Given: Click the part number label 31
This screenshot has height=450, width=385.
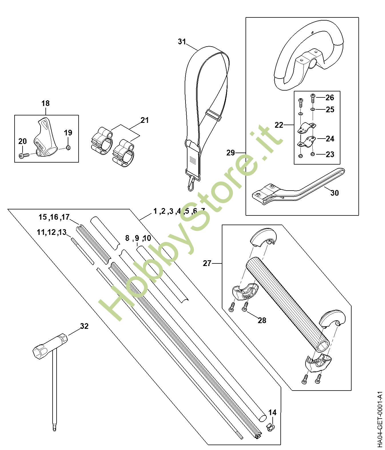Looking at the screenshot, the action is click(x=182, y=41).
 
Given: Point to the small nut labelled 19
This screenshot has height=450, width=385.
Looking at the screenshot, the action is click(x=68, y=148).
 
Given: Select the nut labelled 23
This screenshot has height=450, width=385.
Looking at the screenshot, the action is click(x=313, y=154).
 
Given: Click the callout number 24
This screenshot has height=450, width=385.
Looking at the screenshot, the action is click(x=330, y=139).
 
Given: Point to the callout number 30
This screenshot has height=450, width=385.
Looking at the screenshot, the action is click(x=334, y=193).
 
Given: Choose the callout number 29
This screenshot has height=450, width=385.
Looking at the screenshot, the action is click(x=231, y=153).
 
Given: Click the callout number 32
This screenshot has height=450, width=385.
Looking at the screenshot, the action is click(x=84, y=326).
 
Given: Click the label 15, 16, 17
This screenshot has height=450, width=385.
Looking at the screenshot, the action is click(x=54, y=217).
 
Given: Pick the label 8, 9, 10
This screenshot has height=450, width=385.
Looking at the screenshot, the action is click(x=138, y=238).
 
